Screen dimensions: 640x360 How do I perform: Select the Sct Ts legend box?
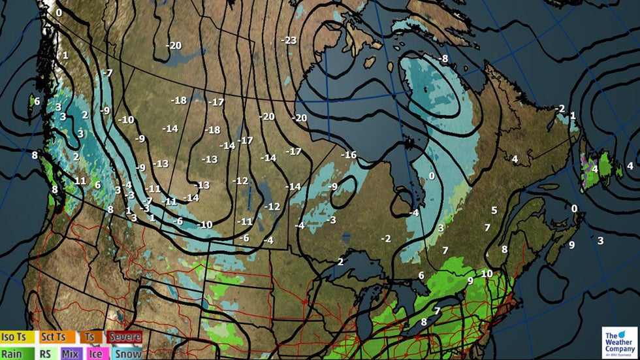pos(54,337)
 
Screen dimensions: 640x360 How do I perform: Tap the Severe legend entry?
pos(124,337)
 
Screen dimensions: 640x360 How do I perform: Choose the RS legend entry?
pos(46,353)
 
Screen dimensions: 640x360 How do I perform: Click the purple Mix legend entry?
pos(70,353)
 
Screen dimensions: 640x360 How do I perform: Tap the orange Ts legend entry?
pos(89,337)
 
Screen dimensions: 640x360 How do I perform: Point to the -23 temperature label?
pos(289,41)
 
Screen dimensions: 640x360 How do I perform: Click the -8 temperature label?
pos(443,59)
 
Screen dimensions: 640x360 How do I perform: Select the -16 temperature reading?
pos(349,155)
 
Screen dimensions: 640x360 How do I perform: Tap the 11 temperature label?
pos(80,181)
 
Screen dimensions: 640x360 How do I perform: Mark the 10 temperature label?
pos(486,273)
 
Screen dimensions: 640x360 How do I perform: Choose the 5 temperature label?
pos(494,210)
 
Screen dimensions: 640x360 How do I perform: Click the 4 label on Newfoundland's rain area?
pos(595,169)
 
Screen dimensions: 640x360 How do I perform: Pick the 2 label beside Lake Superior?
pos(340,262)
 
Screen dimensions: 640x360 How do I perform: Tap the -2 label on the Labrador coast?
pos(559,108)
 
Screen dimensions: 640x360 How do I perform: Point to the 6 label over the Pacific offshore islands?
pos(37,101)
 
